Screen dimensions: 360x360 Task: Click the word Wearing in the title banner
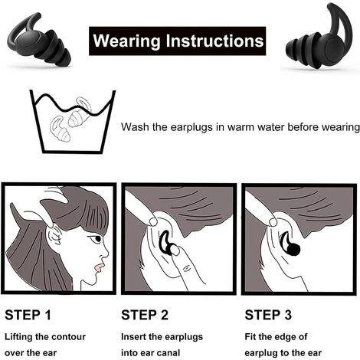coord(127,41)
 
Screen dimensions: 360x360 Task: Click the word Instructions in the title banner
coord(215,41)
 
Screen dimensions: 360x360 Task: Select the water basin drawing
coord(73,122)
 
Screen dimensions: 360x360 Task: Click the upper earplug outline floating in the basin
coord(80,113)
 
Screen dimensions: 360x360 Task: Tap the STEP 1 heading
coord(28,315)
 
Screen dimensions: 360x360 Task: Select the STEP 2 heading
coord(145,315)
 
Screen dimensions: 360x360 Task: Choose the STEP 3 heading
coord(268,315)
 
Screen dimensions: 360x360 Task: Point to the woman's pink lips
coord(99,268)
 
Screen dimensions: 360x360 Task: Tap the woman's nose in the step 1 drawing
coord(105,254)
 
